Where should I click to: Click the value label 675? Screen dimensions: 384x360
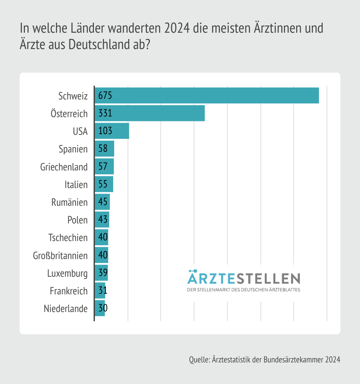pyautogui.click(x=105, y=96)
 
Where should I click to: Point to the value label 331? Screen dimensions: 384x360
pyautogui.click(x=105, y=113)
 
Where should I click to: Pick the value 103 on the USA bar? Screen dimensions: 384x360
pyautogui.click(x=105, y=131)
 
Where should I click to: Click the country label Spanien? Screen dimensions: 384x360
pyautogui.click(x=73, y=149)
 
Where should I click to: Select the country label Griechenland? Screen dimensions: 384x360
pyautogui.click(x=64, y=167)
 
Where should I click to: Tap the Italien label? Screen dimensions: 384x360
pyautogui.click(x=76, y=185)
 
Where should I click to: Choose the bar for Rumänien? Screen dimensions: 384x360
pyautogui.click(x=102, y=202)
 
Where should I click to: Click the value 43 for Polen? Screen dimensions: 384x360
pyautogui.click(x=103, y=219)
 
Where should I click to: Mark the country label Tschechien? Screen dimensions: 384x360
pyautogui.click(x=68, y=238)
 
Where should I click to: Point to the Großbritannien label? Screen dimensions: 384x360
pyautogui.click(x=60, y=255)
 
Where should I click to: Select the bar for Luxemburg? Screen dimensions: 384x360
pyautogui.click(x=101, y=273)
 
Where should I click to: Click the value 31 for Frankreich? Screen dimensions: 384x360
pyautogui.click(x=103, y=290)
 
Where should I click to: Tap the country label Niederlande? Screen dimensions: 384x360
pyautogui.click(x=65, y=308)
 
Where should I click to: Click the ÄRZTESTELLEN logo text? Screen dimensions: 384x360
pyautogui.click(x=243, y=278)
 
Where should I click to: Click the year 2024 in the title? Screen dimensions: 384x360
pyautogui.click(x=177, y=28)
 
